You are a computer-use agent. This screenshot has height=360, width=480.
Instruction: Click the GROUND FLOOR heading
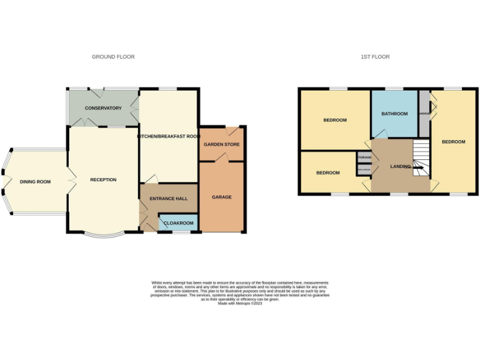pos(113,57)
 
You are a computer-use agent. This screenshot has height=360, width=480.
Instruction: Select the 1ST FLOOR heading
pos(375,57)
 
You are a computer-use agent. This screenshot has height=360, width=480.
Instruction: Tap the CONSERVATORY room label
pos(103,108)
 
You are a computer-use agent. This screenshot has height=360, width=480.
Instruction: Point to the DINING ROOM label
pos(35,182)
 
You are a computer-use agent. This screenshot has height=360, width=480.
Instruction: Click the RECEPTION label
pos(103,180)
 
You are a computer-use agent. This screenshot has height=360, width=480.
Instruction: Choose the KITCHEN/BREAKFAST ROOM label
pos(169,136)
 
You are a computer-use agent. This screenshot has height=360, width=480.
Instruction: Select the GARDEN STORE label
pos(222,144)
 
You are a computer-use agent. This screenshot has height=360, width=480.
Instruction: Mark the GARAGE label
pos(222,197)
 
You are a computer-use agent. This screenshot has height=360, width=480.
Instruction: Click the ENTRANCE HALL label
pos(169,198)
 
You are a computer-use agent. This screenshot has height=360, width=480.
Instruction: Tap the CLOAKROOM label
pos(179,223)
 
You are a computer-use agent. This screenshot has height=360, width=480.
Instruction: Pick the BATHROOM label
pos(394,114)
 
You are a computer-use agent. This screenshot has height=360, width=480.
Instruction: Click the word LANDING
pos(401,166)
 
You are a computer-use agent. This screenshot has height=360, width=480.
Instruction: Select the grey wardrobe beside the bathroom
pos(424,114)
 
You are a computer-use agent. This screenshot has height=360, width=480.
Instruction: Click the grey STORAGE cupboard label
pos(364,157)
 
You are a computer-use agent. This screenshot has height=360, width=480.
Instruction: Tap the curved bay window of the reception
pos(103,236)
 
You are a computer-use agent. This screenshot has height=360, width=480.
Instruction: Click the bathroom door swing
pos(381,134)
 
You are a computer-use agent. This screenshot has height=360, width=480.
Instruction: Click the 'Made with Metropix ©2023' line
pos(240,304)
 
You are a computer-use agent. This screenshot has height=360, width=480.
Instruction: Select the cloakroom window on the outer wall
pos(181,232)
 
